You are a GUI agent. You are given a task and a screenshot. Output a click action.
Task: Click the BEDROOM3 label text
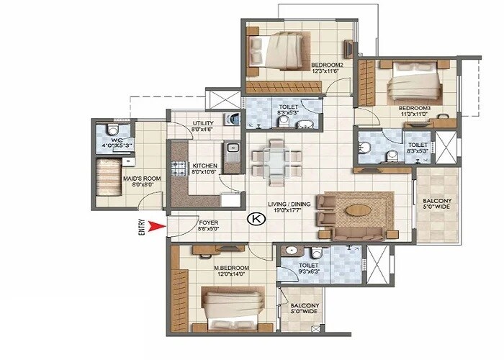click(414, 109)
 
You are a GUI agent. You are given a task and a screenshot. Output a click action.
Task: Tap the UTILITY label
click(203, 123)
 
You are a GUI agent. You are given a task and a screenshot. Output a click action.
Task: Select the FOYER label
click(208, 223)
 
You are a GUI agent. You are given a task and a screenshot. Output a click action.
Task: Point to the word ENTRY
click(141, 228)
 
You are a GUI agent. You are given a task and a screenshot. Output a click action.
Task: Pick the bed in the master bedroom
click(230, 305)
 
